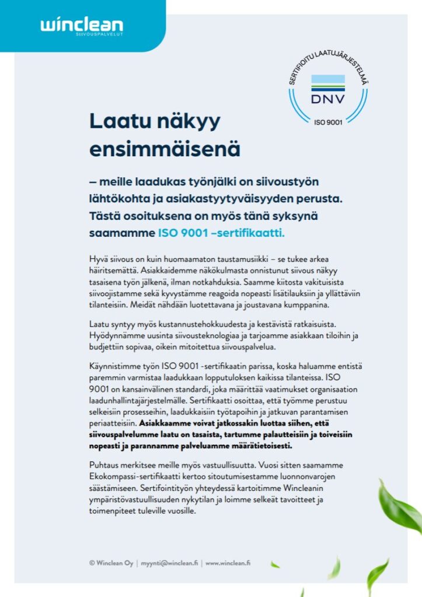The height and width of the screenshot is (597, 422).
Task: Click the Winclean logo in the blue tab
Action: pyautogui.click(x=82, y=24)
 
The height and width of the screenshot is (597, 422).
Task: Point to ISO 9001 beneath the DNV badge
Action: pyautogui.click(x=327, y=122)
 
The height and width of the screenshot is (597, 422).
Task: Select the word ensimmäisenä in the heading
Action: pyautogui.click(x=165, y=148)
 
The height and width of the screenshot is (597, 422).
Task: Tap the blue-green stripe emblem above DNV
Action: pyautogui.click(x=327, y=82)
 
